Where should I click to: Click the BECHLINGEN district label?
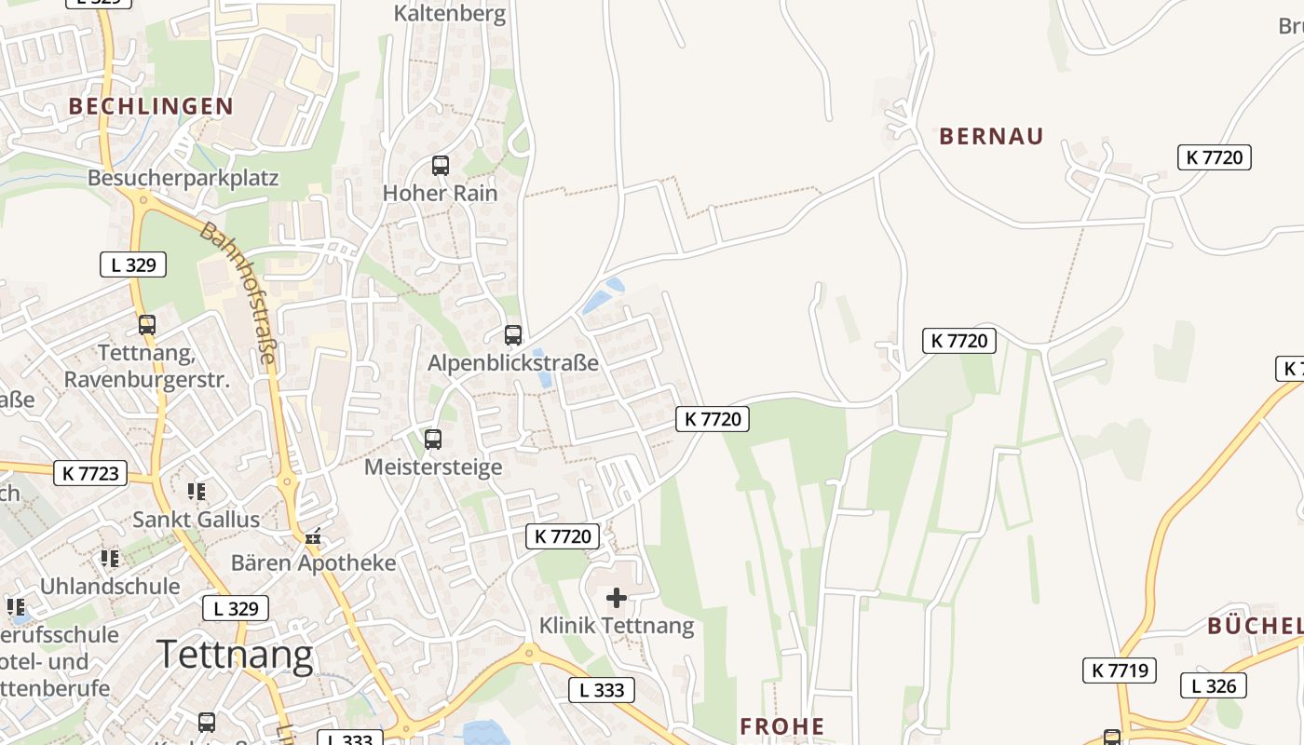(x=151, y=106)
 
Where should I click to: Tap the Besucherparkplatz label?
(x=183, y=178)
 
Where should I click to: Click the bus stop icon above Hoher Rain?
(x=441, y=166)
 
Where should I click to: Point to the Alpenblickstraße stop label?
(x=513, y=363)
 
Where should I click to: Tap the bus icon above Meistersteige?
(x=433, y=439)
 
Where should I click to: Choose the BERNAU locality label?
(x=991, y=137)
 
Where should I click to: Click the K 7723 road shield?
(x=91, y=473)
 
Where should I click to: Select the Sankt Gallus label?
(x=197, y=519)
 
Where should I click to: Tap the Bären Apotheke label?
(x=314, y=563)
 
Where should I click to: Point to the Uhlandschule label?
(x=110, y=587)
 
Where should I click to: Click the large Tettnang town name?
(x=235, y=655)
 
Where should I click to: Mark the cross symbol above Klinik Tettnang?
(x=617, y=597)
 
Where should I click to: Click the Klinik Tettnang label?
(x=617, y=626)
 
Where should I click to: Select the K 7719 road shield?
(x=1119, y=670)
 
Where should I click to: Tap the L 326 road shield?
(x=1214, y=686)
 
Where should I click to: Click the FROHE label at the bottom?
(x=782, y=726)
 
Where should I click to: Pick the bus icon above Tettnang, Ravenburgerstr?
(x=147, y=325)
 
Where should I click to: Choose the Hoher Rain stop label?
(x=441, y=194)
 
